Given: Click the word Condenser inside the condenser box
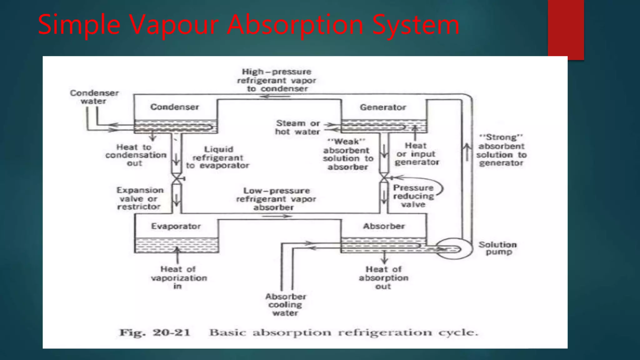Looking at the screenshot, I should (x=174, y=107).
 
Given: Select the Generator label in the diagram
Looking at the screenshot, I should (x=383, y=107).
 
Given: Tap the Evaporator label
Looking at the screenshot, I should (x=176, y=226).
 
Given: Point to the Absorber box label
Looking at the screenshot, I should (x=384, y=226).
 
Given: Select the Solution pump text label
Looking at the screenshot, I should (x=498, y=248).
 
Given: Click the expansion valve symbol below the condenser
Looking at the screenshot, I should (x=177, y=179).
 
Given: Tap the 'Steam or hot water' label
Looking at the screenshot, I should (x=298, y=127).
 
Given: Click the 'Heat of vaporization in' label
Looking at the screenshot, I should (x=178, y=277).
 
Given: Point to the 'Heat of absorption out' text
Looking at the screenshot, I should (x=383, y=277).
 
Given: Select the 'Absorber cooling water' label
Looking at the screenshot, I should (x=285, y=305).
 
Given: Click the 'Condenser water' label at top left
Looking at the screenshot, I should (x=94, y=97).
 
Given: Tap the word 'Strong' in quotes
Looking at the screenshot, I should (x=501, y=137).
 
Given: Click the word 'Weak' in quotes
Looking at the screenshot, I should (x=346, y=142).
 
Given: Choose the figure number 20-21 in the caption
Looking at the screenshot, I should (x=171, y=332).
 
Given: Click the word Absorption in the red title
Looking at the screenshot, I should (x=295, y=24).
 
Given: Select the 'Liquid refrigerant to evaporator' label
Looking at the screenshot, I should (x=218, y=157).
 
